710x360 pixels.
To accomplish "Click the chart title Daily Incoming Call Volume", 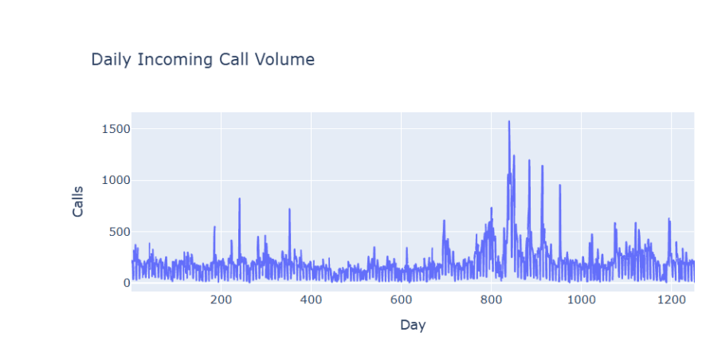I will click(x=202, y=60).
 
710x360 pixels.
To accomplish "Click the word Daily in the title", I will click(x=108, y=60).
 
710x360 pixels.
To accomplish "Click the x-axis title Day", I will click(x=412, y=325).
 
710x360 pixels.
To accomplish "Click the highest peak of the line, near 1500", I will click(x=508, y=122).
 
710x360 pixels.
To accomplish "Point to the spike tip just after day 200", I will click(x=239, y=198).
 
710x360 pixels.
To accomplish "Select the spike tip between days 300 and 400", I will click(x=289, y=209).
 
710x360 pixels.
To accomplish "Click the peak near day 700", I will click(x=444, y=221).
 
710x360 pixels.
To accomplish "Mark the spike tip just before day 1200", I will click(x=669, y=218).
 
